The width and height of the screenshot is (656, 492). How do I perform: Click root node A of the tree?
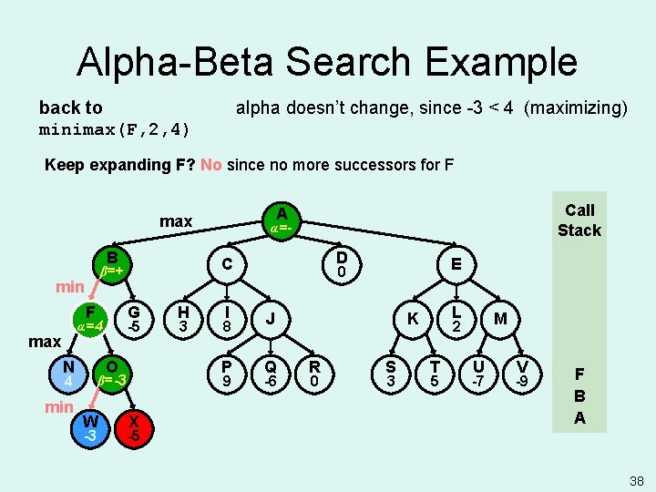[282, 220]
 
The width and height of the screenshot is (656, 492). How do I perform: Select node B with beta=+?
[111, 263]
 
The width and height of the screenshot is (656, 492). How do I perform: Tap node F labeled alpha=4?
[91, 318]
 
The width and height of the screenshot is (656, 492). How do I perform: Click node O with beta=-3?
[112, 372]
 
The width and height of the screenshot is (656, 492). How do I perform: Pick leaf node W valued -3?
[90, 427]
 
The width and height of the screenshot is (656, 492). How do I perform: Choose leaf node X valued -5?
[134, 427]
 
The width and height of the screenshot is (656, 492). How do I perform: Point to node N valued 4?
[68, 372]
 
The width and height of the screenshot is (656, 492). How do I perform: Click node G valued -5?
[134, 318]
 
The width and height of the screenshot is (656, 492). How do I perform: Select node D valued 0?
[341, 264]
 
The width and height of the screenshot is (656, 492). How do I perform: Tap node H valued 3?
[183, 318]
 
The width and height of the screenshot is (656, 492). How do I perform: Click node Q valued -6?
[271, 372]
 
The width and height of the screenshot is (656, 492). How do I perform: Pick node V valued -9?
[521, 372]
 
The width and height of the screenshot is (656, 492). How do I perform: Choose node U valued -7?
[477, 372]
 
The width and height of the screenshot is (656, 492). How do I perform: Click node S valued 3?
[390, 372]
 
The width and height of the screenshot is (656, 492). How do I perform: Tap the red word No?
[211, 165]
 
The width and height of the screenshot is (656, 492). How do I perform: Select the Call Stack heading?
[579, 220]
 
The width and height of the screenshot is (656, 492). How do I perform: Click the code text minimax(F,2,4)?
[115, 129]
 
